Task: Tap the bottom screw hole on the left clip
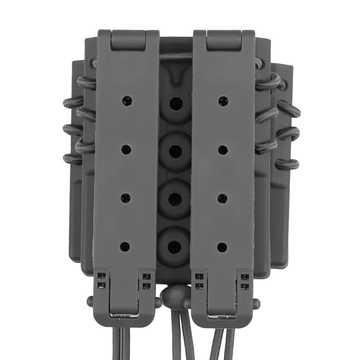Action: (125, 246)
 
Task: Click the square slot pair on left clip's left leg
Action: (102, 280)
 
